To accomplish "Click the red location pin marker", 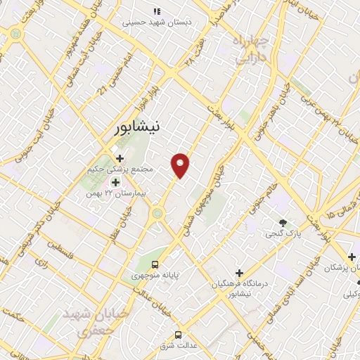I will click(181, 165).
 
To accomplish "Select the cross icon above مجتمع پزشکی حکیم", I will click(120, 157).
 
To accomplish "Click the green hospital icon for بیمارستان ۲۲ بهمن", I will click(115, 182).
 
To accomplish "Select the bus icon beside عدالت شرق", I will click(179, 334).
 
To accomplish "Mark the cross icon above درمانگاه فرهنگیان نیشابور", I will click(239, 272).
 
